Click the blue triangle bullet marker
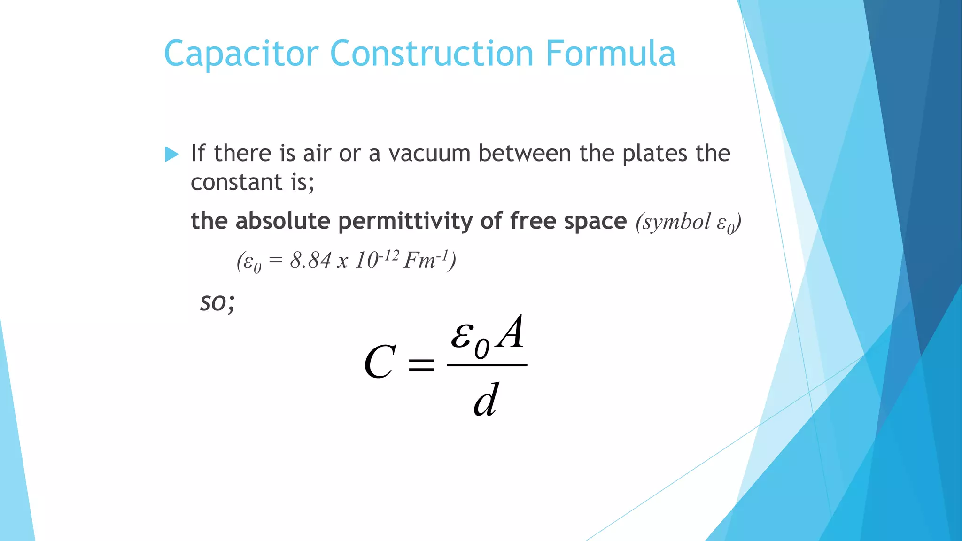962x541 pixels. (x=172, y=154)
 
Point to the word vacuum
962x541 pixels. (x=429, y=154)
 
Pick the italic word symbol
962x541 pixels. (x=673, y=222)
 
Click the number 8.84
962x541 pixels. (x=310, y=260)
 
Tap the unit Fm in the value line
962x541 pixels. (x=419, y=260)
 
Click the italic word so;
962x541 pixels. (x=217, y=302)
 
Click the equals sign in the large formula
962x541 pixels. (x=421, y=364)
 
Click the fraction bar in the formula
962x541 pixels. (x=487, y=365)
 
